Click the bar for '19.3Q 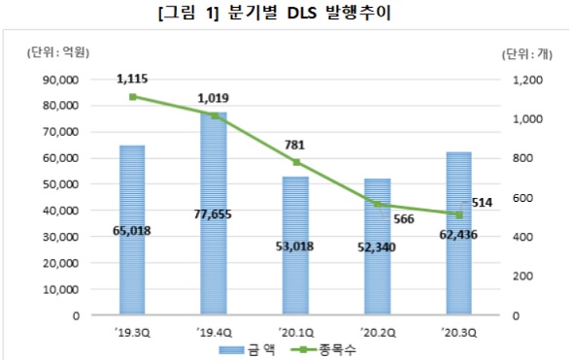tap(132, 194)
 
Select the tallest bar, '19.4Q tap(214, 175)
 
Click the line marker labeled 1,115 tap(132, 97)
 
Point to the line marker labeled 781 tap(295, 162)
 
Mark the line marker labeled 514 tap(458, 214)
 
